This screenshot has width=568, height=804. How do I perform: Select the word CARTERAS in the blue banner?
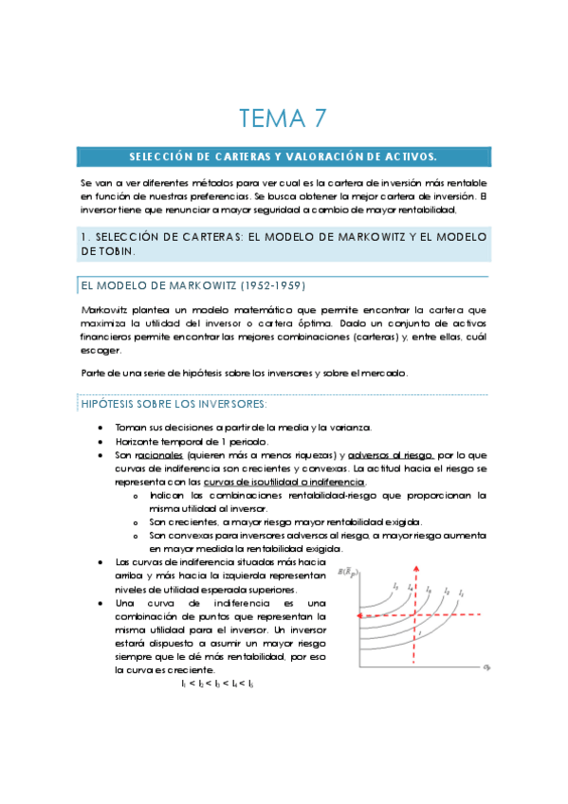click(x=221, y=155)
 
